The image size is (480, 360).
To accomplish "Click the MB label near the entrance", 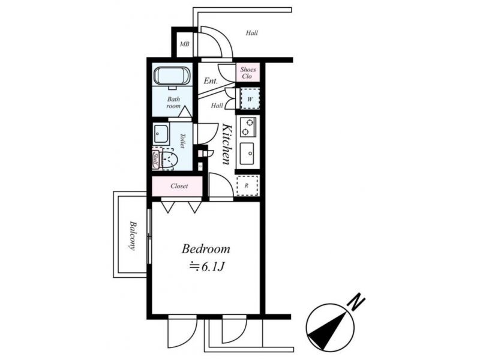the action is tap(184, 44).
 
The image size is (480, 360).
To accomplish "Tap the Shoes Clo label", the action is tap(248, 73).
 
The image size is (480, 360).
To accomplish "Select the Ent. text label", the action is tap(211, 81).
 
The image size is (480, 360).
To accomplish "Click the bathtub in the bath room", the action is tap(172, 76).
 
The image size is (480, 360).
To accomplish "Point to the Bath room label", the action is tap(173, 103).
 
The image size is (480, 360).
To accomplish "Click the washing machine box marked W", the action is tap(250, 99).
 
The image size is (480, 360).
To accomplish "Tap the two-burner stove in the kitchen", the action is tap(248, 127).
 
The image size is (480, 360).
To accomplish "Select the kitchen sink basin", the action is tap(247, 154).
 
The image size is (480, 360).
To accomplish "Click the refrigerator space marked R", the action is tap(247, 185).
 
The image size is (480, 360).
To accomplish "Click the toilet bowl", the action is tap(169, 159).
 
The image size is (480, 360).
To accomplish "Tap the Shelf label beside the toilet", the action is tap(155, 159).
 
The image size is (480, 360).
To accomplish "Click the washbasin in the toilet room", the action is tap(161, 134).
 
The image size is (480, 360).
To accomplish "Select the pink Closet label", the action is tap(179, 186).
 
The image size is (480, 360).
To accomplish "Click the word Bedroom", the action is tap(206, 248).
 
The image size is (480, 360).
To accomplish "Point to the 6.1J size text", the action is tap(212, 267).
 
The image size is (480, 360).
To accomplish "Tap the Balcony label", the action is tap(133, 236).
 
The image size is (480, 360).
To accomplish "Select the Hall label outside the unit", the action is tap(251, 33).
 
